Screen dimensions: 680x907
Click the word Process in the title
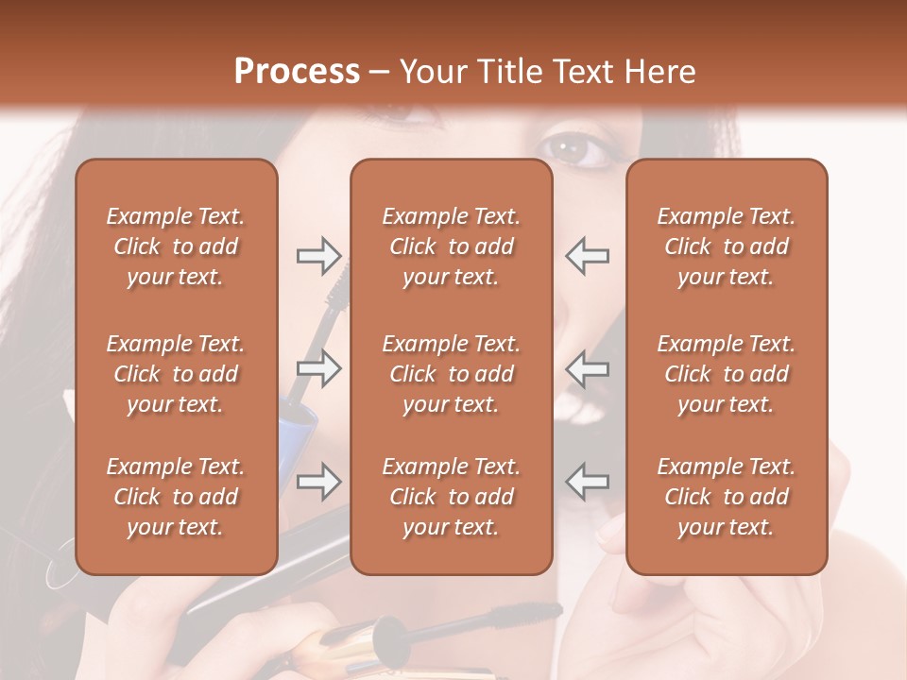[297, 72]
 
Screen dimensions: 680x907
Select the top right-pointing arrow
[318, 255]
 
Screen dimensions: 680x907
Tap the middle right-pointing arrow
[318, 368]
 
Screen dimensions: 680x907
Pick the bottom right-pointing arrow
[318, 483]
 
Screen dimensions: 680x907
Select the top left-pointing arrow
[587, 255]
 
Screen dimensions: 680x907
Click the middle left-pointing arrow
[587, 368]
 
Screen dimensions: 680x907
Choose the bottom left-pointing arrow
[587, 483]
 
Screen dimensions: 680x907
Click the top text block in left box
[176, 246]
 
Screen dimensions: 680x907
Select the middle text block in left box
[176, 374]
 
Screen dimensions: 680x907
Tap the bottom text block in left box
[176, 497]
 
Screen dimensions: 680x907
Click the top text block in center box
[451, 246]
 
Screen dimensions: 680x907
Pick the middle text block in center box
[451, 374]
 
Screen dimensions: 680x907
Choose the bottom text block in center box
[451, 497]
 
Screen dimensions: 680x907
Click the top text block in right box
[726, 246]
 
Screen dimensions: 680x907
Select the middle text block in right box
[726, 374]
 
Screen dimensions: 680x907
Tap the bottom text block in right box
[726, 497]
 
